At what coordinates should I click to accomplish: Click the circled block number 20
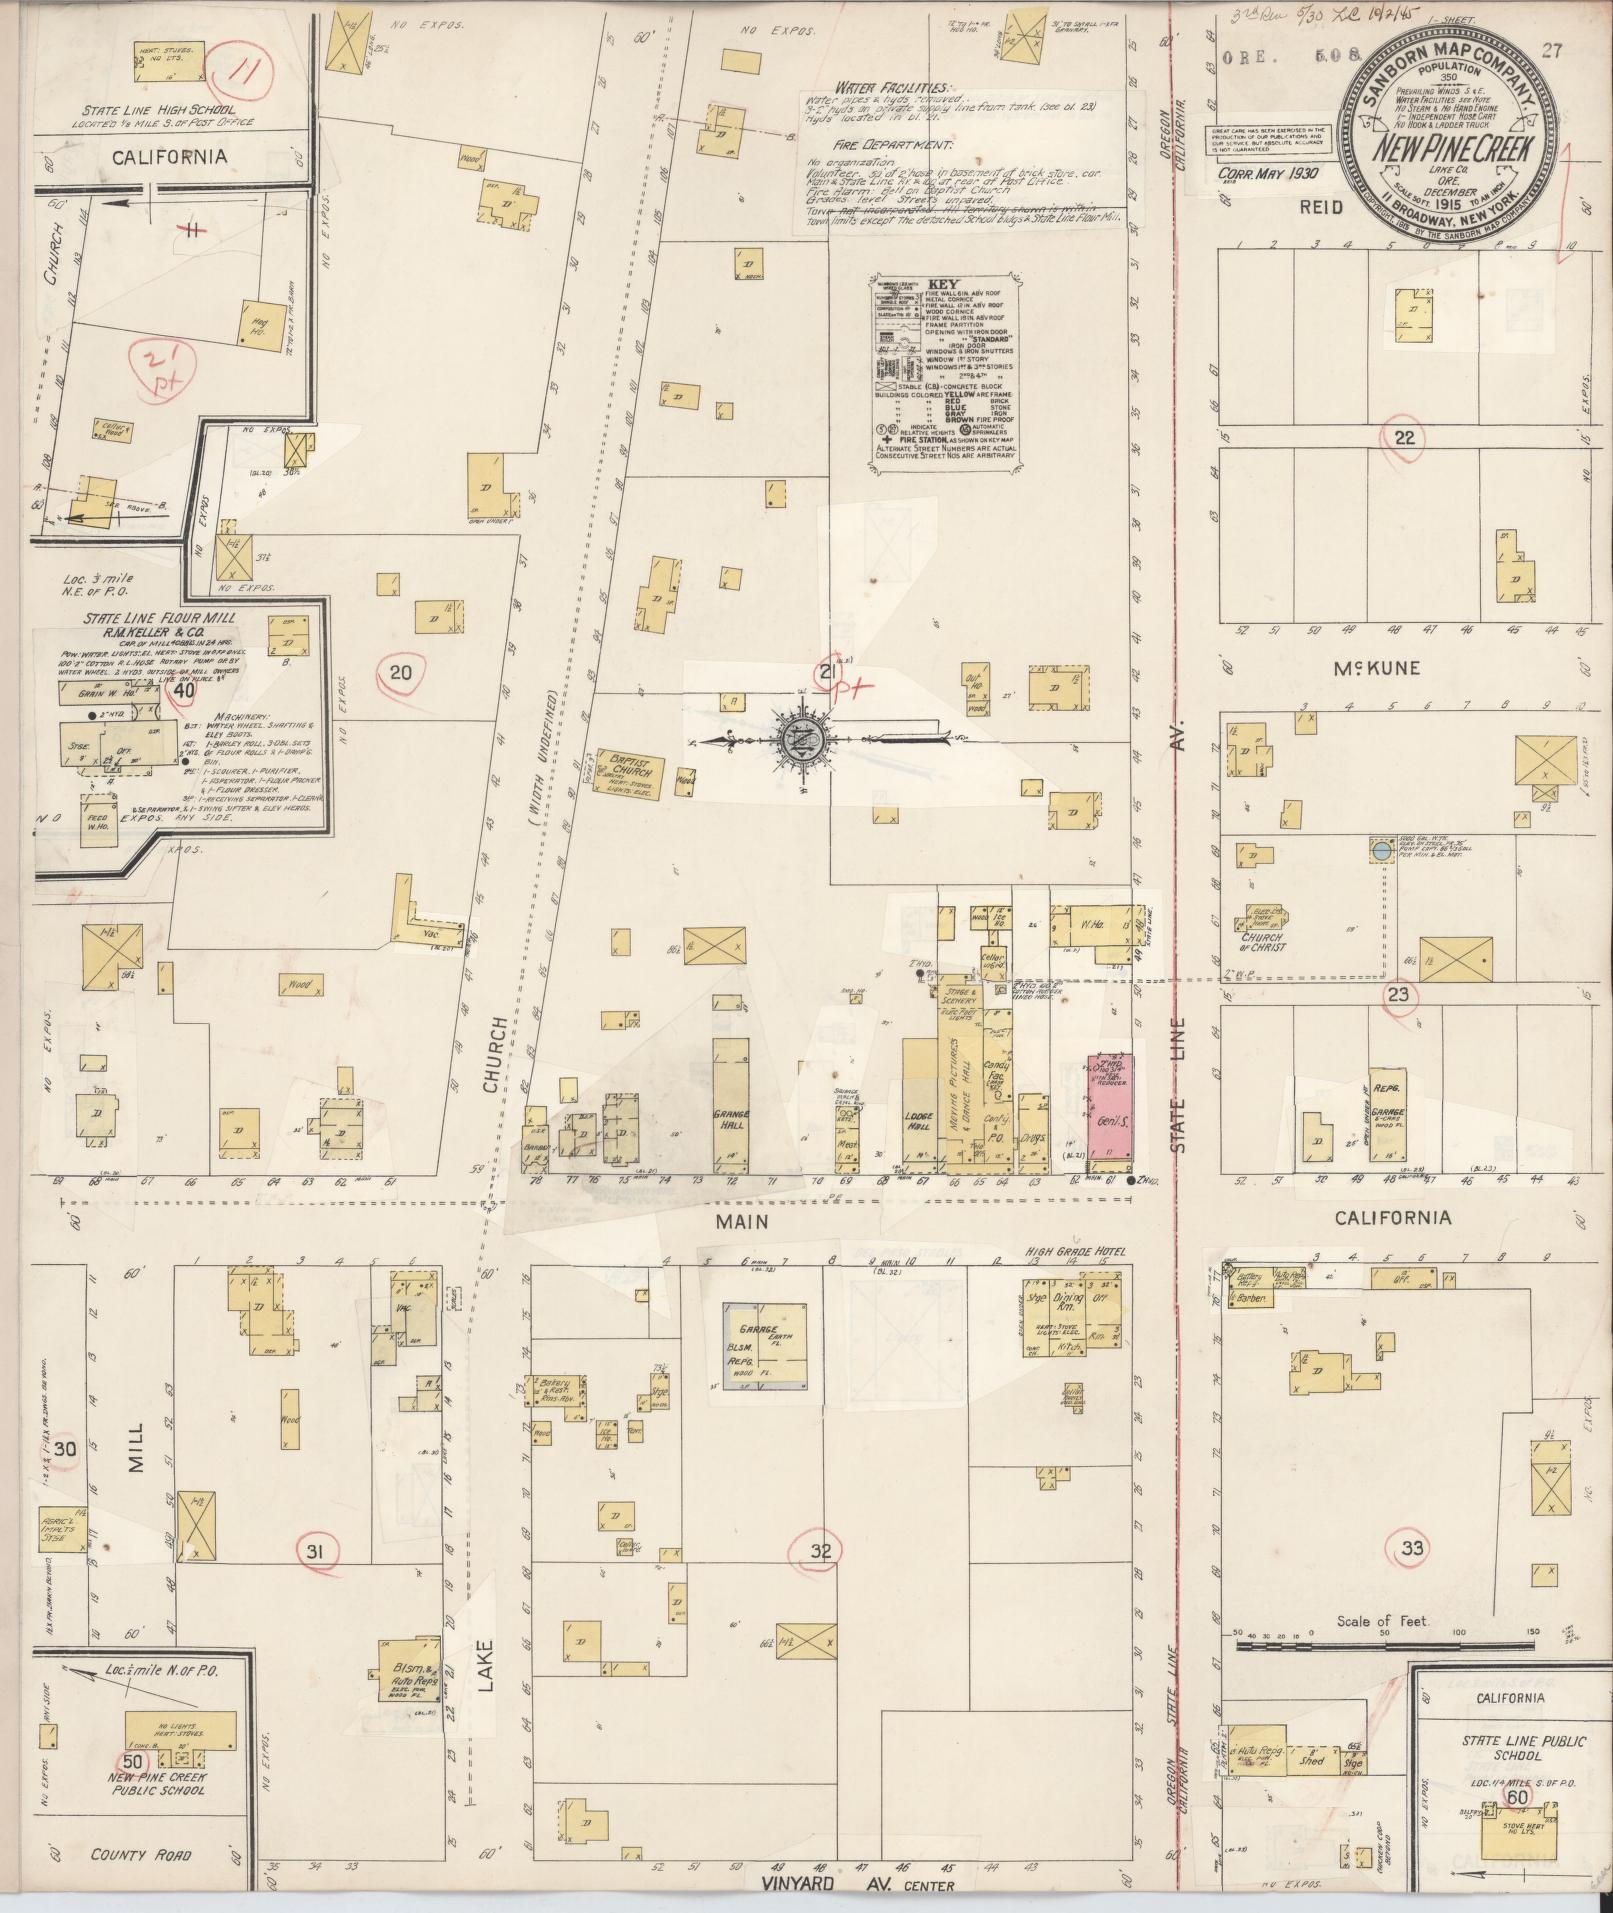[400, 673]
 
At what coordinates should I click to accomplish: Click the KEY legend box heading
[943, 284]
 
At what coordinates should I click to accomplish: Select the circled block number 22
[1405, 437]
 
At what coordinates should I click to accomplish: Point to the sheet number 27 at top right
[1553, 52]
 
